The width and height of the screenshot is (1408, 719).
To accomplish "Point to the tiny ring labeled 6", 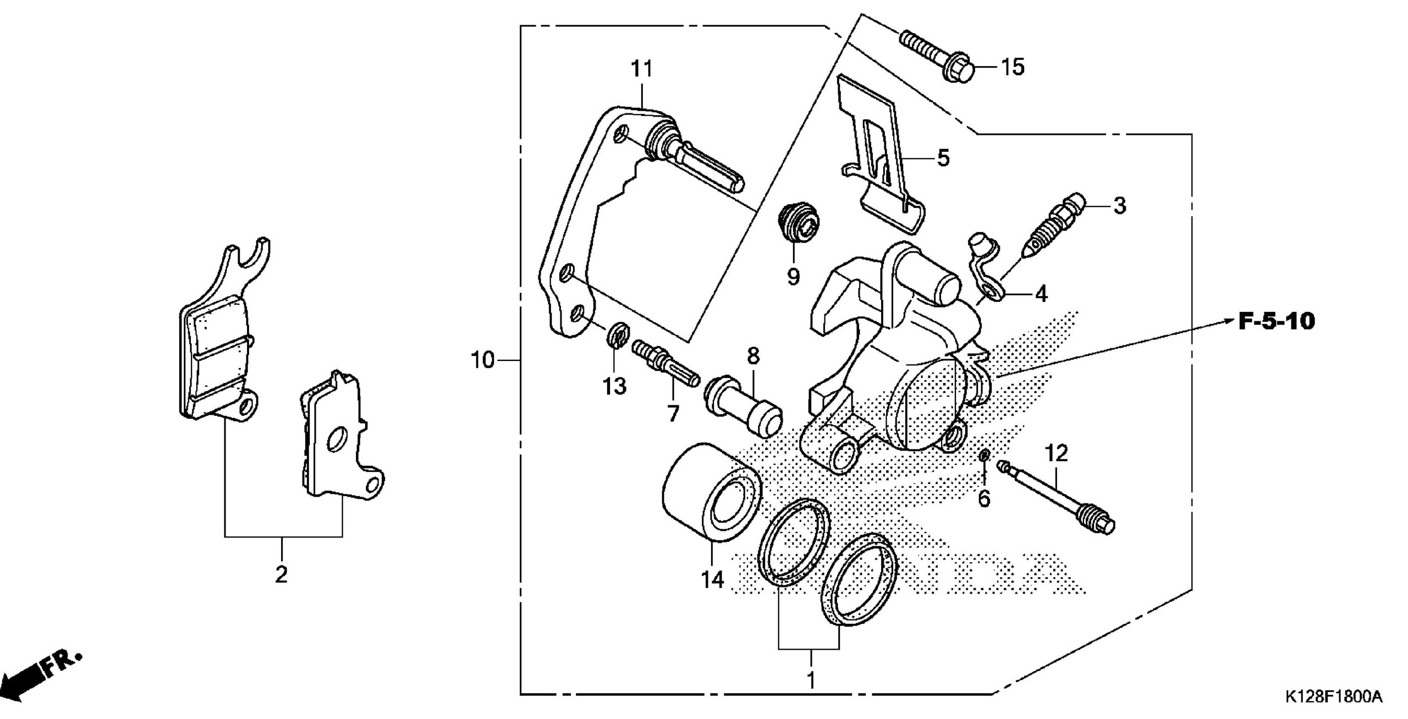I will (x=985, y=455).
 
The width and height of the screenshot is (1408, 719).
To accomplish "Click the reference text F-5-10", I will (x=1277, y=322).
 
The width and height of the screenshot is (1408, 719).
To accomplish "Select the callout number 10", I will (x=482, y=361).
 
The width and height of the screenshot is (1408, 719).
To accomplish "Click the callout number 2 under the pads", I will (x=281, y=575).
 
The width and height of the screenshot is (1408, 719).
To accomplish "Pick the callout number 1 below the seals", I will (x=810, y=680).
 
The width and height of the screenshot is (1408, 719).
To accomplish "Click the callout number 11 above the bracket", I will (x=641, y=70).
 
